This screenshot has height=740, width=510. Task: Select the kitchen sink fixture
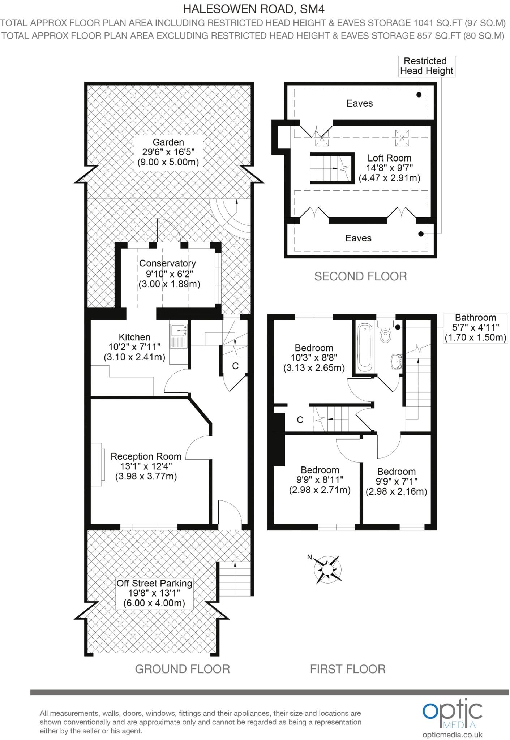pos(179,336)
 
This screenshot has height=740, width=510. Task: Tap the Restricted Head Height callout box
pos(427,66)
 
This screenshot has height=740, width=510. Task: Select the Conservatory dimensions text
pos(169,279)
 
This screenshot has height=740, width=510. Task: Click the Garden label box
pos(168,152)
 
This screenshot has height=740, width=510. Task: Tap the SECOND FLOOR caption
pos(360,276)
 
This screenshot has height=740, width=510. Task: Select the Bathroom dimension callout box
pos(475,328)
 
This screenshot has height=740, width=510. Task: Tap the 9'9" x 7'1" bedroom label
pos(396,481)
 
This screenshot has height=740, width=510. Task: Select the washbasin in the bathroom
pos(397,361)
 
